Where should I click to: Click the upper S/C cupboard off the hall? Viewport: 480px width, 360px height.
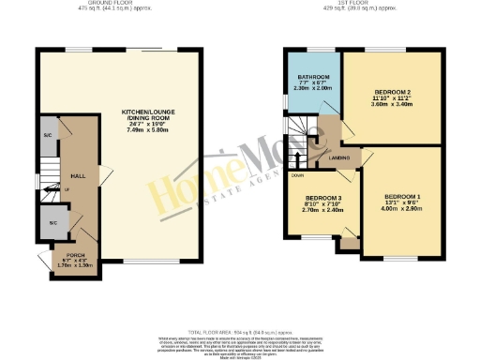(x=47, y=136)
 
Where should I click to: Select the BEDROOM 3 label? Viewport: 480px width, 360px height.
(x=319, y=199)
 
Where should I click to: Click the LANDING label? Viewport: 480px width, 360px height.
(x=339, y=159)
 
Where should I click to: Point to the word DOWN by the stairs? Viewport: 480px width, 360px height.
(x=296, y=175)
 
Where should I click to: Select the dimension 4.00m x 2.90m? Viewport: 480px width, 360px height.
(x=403, y=211)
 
